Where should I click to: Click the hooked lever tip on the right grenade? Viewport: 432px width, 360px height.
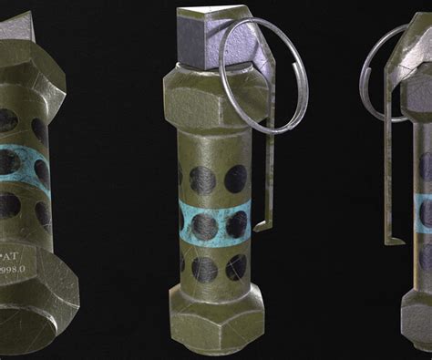[x=396, y=241]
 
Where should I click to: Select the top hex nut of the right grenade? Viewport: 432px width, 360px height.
[x=417, y=108]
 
